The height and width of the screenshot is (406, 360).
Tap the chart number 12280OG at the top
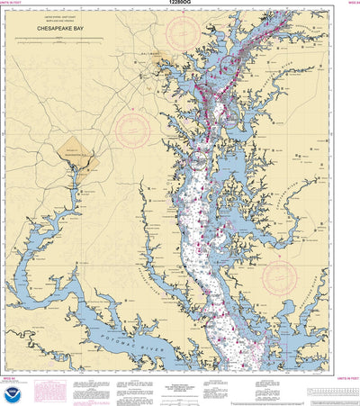(x=179, y=4)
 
